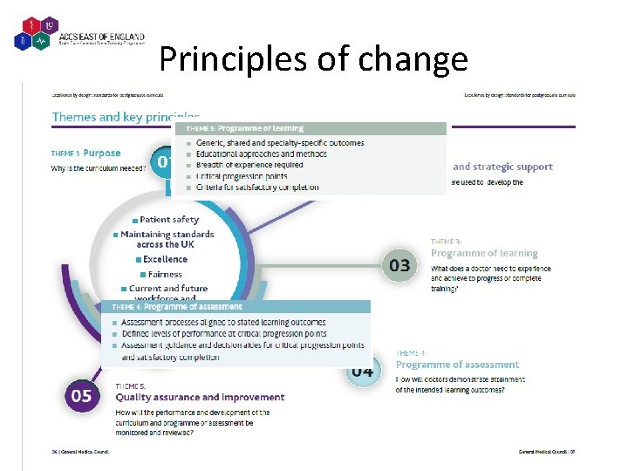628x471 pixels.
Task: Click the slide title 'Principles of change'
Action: coord(313,59)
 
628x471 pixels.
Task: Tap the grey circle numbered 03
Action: coord(399,264)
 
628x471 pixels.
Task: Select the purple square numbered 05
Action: coord(81,396)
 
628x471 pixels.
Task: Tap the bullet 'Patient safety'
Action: coord(168,220)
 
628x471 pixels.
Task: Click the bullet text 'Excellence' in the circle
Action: coord(165,259)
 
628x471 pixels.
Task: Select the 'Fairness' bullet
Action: coord(165,274)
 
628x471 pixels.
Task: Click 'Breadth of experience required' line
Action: coord(249,165)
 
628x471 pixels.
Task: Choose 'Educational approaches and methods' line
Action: coord(262,154)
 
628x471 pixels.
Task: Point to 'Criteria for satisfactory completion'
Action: coord(257,188)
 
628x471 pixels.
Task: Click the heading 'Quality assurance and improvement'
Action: coord(200,398)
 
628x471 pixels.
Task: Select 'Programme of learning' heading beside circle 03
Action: coord(484,253)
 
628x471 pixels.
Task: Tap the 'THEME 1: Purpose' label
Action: coord(86,154)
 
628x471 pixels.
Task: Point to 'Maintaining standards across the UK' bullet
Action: coord(167,239)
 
